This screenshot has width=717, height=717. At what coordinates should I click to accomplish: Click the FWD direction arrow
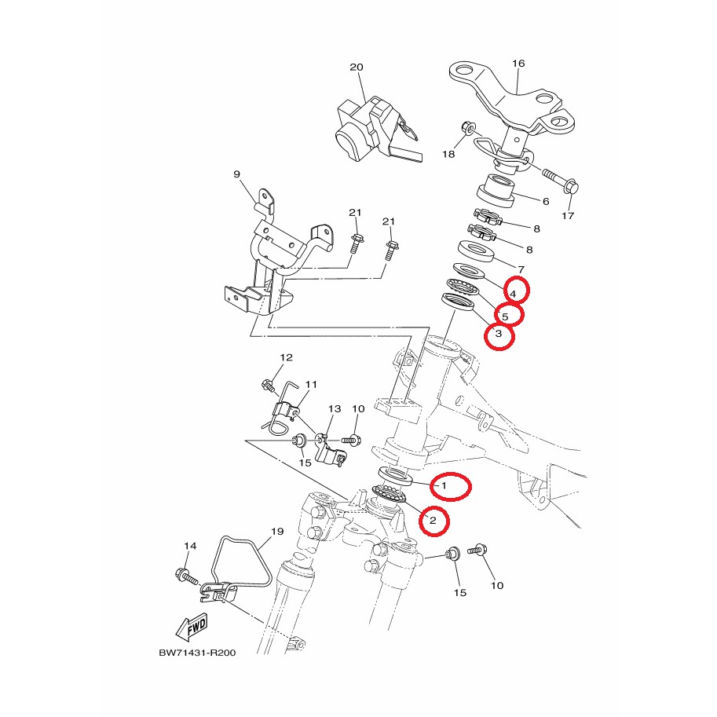click(x=192, y=627)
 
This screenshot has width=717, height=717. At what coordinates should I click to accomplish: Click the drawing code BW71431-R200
click(x=198, y=653)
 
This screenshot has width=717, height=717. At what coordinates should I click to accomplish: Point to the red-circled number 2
click(x=433, y=520)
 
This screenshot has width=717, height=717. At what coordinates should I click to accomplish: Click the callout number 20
click(x=357, y=68)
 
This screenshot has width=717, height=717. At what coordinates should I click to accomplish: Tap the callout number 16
click(x=518, y=63)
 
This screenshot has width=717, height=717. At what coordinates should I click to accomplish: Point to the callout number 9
click(x=236, y=174)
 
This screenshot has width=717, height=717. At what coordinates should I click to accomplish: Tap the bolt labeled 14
click(x=187, y=576)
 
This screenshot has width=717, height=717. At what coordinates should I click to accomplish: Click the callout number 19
click(x=277, y=532)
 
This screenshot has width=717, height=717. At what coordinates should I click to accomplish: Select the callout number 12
click(x=287, y=357)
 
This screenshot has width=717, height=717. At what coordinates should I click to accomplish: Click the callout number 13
click(x=335, y=408)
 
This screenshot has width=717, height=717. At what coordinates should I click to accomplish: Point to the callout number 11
click(x=311, y=384)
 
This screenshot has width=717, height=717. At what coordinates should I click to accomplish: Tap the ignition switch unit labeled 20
click(x=378, y=130)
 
